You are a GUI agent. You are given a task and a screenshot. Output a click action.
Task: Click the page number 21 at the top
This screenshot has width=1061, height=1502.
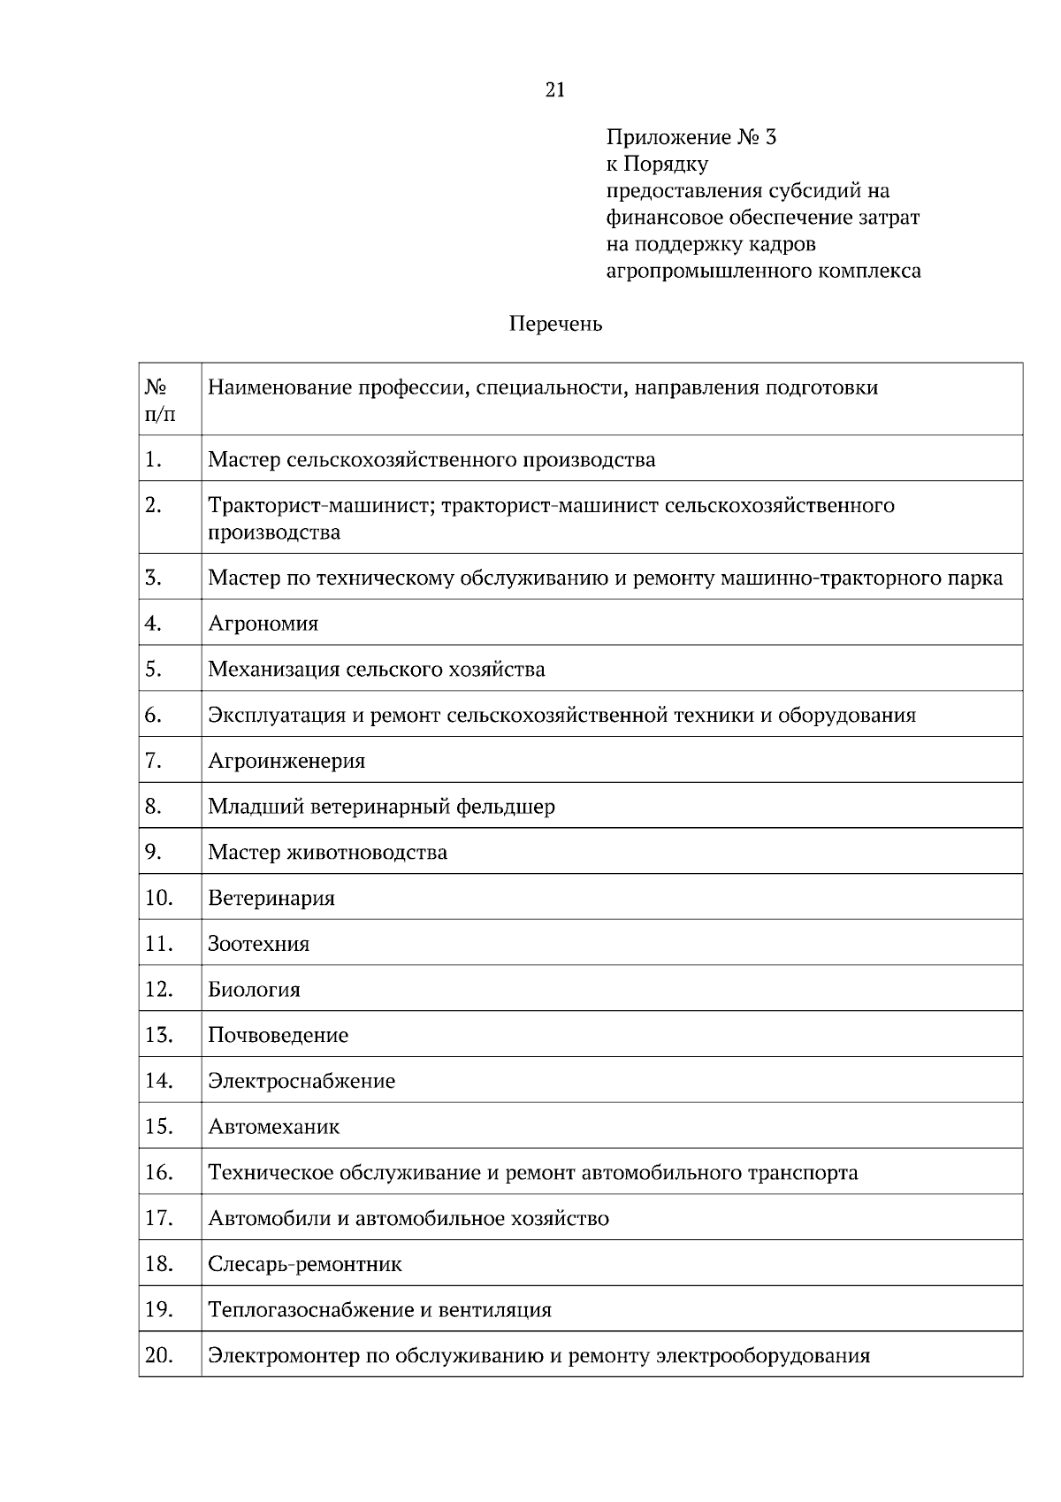555,90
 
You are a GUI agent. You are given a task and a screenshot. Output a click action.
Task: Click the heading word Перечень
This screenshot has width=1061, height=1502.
555,325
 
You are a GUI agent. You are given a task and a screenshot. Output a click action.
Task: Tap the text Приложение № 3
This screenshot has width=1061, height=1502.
691,138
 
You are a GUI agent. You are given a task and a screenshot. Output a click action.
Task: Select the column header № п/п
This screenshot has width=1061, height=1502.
160,401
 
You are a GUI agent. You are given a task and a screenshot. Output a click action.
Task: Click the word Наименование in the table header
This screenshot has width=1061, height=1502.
279,387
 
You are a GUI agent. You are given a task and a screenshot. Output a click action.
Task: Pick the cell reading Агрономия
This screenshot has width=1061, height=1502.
263,624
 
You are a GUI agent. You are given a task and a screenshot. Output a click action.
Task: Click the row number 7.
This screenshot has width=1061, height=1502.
153,761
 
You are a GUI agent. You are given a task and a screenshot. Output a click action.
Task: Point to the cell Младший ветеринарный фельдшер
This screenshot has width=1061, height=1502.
381,807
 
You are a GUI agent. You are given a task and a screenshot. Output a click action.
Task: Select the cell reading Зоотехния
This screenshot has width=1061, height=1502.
258,944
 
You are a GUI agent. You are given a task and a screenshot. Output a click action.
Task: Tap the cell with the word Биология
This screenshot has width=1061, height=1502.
254,990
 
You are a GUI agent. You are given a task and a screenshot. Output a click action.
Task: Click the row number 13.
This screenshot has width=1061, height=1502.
158,1035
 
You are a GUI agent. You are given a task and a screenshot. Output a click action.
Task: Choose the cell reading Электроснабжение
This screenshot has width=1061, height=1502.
302,1081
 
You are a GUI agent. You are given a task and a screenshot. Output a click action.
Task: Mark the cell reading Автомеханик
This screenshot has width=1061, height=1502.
273,1127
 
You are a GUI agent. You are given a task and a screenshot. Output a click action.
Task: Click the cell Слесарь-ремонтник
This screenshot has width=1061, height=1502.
304,1264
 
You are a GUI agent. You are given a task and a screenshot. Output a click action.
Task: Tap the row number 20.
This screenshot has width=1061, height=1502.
158,1355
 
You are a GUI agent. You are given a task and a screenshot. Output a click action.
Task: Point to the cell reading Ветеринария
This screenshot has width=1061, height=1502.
271,899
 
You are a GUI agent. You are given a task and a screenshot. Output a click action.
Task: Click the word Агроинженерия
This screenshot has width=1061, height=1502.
286,761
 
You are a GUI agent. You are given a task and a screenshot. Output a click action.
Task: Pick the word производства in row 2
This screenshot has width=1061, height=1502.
274,533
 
